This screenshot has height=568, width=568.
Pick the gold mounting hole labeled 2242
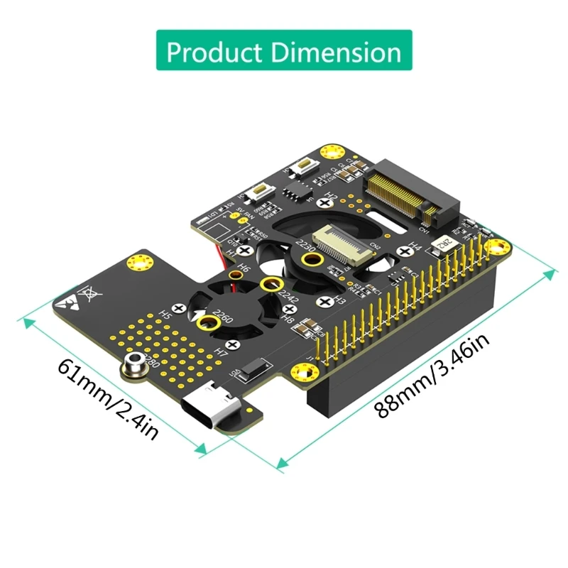[268, 285]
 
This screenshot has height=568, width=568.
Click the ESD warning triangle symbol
[66, 300]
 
